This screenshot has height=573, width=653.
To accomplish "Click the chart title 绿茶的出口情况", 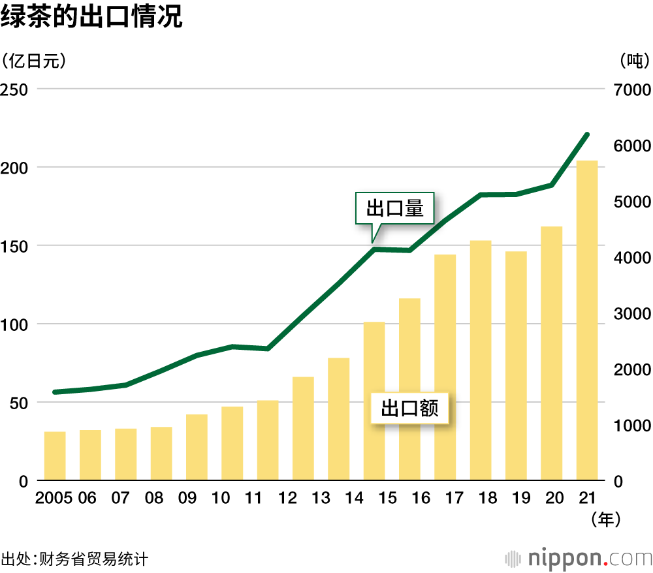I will pos(91,18).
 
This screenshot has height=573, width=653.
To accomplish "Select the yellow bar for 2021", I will pos(586,320).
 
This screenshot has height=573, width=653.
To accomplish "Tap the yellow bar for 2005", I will pos(55,456).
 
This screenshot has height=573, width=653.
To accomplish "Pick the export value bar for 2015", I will pos(374,401).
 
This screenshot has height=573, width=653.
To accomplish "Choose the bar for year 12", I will pos(303,429).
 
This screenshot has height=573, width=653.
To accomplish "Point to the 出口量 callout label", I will pos(394,209).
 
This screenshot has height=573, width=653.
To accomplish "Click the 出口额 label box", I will pos(409,408).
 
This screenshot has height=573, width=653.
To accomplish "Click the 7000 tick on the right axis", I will pos(632,89).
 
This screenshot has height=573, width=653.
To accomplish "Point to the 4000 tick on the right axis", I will pos(632,257).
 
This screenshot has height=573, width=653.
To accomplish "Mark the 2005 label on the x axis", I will pos(54,499).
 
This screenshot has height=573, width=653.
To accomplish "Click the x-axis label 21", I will pos(586,499).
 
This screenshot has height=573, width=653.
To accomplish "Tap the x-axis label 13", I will pos(321,499).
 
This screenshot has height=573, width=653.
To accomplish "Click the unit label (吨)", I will pos(631,61).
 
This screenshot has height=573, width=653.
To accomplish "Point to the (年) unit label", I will pos(604,519).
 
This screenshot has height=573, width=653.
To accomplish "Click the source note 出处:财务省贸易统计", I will pos(74,559).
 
